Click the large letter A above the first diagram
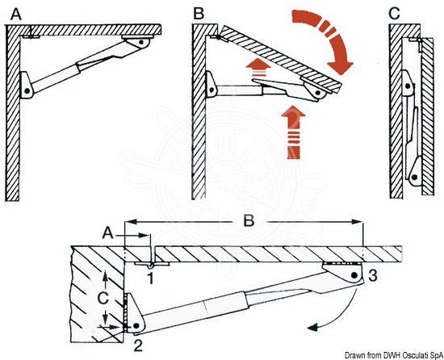(16, 14)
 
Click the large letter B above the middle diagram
(199, 13)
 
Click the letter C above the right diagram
(395, 13)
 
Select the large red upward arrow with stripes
(293, 132)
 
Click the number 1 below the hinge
(151, 278)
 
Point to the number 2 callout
(138, 345)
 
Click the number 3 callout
(373, 275)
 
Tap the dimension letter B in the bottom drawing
(249, 220)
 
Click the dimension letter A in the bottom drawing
(108, 234)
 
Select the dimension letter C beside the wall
(103, 299)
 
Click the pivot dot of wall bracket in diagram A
(27, 91)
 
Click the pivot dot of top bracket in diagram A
(141, 42)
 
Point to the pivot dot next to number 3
(354, 275)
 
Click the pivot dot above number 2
(136, 326)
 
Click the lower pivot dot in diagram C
(414, 178)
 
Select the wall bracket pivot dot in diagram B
(212, 90)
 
